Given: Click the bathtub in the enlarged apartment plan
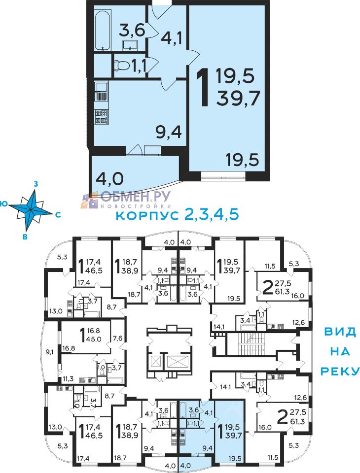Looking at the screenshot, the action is [102, 31].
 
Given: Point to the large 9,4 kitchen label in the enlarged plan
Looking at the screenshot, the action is [169, 132].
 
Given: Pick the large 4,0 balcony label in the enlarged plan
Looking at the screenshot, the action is [109, 178].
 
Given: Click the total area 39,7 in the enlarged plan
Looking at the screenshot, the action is [238, 98].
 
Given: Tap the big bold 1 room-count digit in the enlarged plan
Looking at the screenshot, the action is [203, 87].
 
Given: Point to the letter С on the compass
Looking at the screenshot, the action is [58, 215].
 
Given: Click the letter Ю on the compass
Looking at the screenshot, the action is [4, 203].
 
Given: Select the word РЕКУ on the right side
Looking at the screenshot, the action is [340, 371].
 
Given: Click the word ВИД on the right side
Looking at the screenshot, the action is [340, 332].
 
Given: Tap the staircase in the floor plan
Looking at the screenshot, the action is [252, 344].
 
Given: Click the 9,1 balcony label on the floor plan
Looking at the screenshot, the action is [50, 351].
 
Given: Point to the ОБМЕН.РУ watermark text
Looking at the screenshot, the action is [136, 197].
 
